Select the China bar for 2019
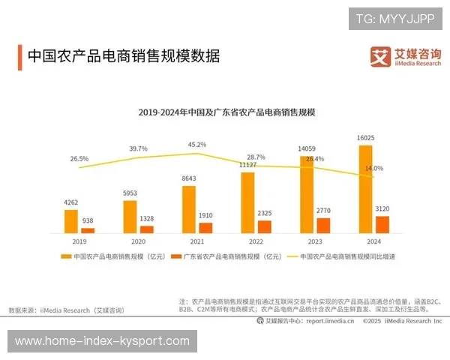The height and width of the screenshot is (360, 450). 70,221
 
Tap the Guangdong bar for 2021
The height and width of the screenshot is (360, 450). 205,227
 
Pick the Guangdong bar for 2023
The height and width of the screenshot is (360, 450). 323,225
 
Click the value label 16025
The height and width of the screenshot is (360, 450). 366,139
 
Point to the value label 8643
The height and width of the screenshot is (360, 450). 189,178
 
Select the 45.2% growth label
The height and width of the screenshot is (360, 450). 197,144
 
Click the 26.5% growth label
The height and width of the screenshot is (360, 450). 79,158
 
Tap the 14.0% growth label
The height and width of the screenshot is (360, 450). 373,168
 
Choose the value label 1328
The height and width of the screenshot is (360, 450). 147,218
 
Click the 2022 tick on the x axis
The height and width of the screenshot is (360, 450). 256,242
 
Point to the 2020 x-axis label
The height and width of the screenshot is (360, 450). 138,242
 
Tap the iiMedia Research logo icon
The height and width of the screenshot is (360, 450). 380,55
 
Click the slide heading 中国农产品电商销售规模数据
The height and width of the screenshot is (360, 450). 123,55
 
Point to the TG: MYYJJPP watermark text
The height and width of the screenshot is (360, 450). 395,17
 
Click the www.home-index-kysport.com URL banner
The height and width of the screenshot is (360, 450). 102,341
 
